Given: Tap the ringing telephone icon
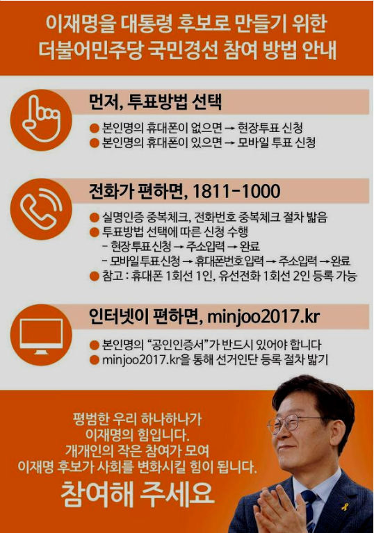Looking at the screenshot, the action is [x=41, y=208].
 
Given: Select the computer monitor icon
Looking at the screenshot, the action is [x=41, y=336].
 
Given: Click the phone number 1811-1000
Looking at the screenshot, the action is [x=236, y=191].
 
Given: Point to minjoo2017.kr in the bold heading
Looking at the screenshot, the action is [x=263, y=317].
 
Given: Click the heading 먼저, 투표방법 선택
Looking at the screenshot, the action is [x=155, y=101].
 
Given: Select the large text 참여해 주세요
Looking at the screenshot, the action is [x=138, y=494].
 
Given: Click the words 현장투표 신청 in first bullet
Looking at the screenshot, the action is [x=270, y=128].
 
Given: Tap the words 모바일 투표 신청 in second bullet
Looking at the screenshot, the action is [x=276, y=142].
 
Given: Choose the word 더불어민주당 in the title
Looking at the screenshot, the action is [x=90, y=50].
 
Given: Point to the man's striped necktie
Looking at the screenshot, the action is [x=309, y=510].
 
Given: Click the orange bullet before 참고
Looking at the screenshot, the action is [x=94, y=276].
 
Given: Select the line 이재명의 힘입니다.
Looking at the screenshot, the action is [x=138, y=435].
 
